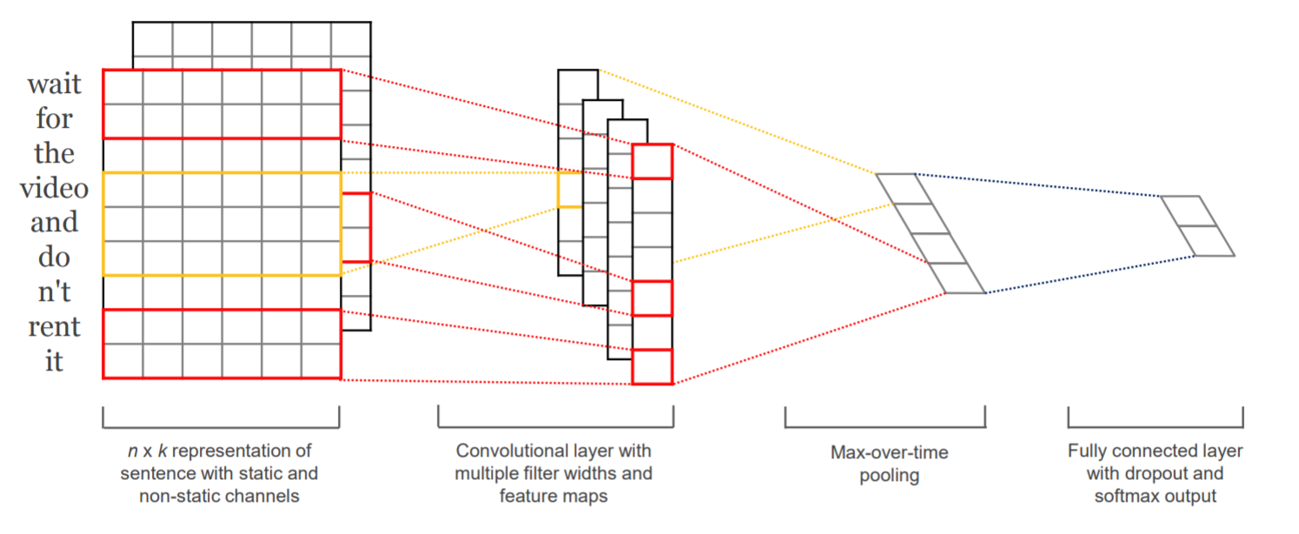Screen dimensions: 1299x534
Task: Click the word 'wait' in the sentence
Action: (x=55, y=84)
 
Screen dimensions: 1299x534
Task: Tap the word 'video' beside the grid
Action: (x=55, y=188)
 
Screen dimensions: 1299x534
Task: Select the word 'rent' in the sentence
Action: (x=55, y=327)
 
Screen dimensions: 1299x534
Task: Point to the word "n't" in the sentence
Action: (x=55, y=291)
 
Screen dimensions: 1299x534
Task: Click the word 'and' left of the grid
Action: (x=55, y=223)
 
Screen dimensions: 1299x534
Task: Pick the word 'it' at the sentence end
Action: (x=55, y=361)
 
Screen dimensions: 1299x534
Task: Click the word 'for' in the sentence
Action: (x=55, y=118)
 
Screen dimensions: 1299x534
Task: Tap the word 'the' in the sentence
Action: (x=55, y=153)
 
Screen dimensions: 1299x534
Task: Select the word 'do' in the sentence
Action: (x=55, y=257)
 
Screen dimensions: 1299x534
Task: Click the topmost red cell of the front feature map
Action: (x=653, y=162)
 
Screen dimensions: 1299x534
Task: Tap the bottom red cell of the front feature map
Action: (x=653, y=367)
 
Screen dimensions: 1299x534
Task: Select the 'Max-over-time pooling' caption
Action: (x=889, y=464)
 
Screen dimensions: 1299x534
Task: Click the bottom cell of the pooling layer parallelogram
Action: (x=957, y=278)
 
